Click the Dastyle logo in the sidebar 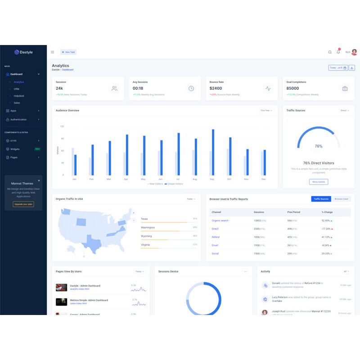click(23, 52)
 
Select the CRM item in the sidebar click(17, 89)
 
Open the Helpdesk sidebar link click(19, 96)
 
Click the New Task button click(68, 52)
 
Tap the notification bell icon click(338, 52)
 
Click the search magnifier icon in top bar click(330, 52)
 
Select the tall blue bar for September click(213, 152)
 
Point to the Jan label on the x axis click(74, 179)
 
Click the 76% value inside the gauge click(319, 146)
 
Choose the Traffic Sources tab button click(321, 199)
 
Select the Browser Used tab click(342, 199)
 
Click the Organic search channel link click(220, 220)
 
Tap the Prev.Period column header click(293, 212)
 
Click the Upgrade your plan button click(23, 204)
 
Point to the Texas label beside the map click(144, 219)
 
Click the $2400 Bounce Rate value click(216, 88)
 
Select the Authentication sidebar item click(18, 120)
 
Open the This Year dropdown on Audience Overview click(266, 110)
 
